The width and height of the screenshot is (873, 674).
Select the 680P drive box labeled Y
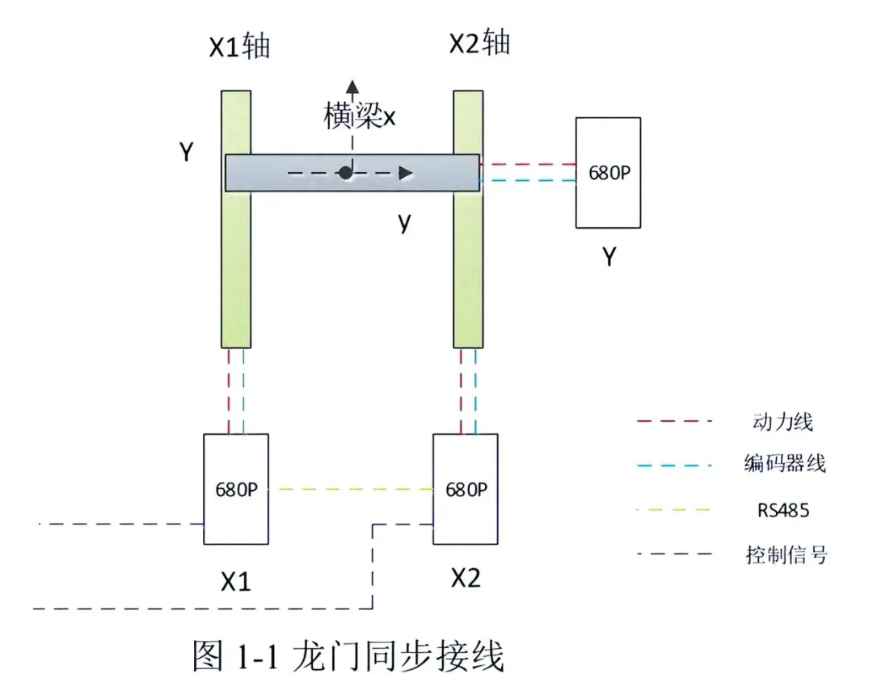[608, 172]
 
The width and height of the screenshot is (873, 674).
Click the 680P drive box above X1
[236, 489]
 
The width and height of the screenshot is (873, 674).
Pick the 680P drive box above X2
[466, 489]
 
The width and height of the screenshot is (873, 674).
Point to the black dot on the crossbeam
[345, 172]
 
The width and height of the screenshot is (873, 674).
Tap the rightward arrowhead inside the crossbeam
[407, 173]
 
